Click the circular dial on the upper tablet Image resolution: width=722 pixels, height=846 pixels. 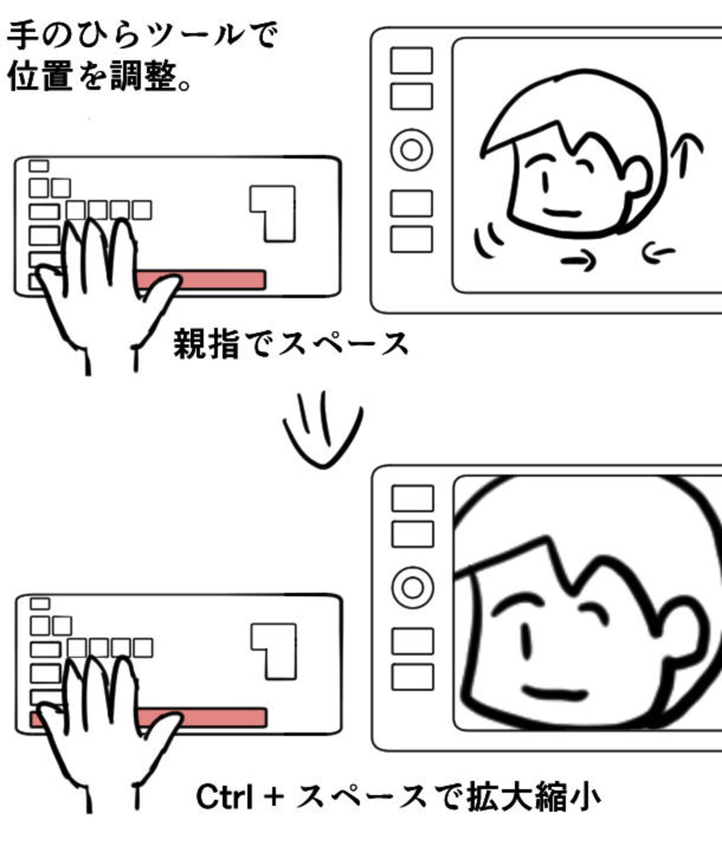[412, 150]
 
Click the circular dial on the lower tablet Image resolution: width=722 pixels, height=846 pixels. [413, 587]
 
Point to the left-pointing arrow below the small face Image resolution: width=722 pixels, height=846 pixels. [658, 253]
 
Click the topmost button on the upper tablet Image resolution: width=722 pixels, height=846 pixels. [412, 61]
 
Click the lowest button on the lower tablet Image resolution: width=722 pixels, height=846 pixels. [413, 677]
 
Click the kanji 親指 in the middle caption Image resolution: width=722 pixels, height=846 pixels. [207, 344]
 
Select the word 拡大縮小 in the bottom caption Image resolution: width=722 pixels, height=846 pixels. [534, 797]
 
